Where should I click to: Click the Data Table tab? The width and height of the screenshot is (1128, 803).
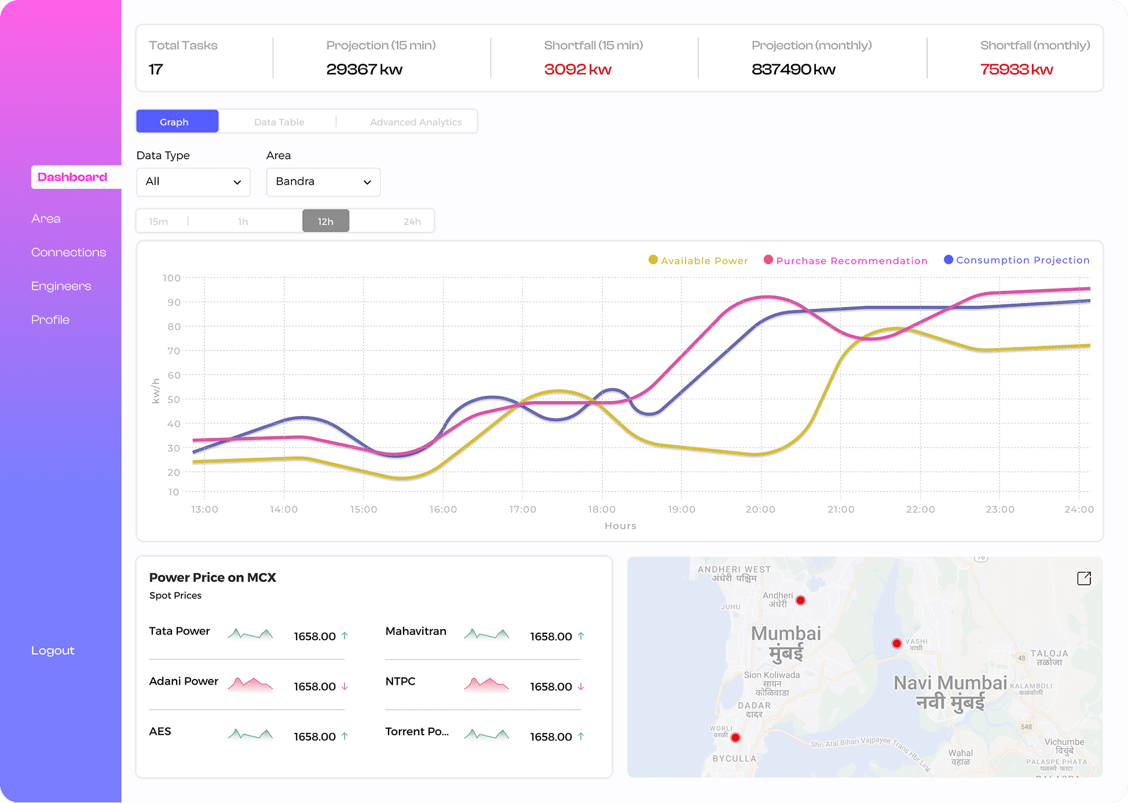click(279, 122)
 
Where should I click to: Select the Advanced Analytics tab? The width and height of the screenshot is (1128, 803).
click(416, 122)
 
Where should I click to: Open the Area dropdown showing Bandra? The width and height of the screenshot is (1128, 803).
click(323, 182)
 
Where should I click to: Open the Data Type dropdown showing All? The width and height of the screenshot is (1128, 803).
click(193, 182)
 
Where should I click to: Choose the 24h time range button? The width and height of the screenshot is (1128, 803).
click(412, 221)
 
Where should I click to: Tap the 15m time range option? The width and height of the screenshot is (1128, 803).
click(158, 221)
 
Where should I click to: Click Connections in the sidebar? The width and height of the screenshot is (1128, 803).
click(68, 253)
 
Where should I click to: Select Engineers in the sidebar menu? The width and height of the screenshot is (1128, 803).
click(61, 286)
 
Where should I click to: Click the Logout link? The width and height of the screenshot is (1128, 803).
click(53, 651)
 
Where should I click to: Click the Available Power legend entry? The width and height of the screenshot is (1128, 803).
click(698, 261)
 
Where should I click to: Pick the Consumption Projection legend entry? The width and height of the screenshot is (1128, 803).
click(1017, 260)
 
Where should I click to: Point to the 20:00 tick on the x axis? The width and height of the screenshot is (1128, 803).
click(760, 509)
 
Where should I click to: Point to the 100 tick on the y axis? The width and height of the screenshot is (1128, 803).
click(171, 278)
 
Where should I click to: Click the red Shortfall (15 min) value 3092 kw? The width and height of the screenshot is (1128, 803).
click(577, 70)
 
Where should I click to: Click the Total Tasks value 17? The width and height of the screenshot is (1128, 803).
click(156, 70)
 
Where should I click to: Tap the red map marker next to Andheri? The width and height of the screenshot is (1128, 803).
click(800, 600)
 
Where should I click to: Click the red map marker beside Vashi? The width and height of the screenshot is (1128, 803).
click(896, 643)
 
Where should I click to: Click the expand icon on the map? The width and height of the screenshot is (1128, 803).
click(1084, 578)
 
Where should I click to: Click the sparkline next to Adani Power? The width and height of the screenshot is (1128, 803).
click(250, 685)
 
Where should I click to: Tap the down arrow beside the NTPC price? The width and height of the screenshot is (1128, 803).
click(581, 687)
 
